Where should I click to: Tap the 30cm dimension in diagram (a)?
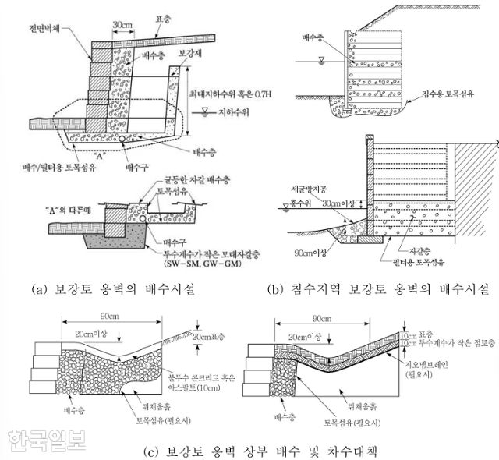pos(122,24)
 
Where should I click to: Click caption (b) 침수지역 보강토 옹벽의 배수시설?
pos(380,290)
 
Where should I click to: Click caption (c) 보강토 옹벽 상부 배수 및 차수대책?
pos(250,450)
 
